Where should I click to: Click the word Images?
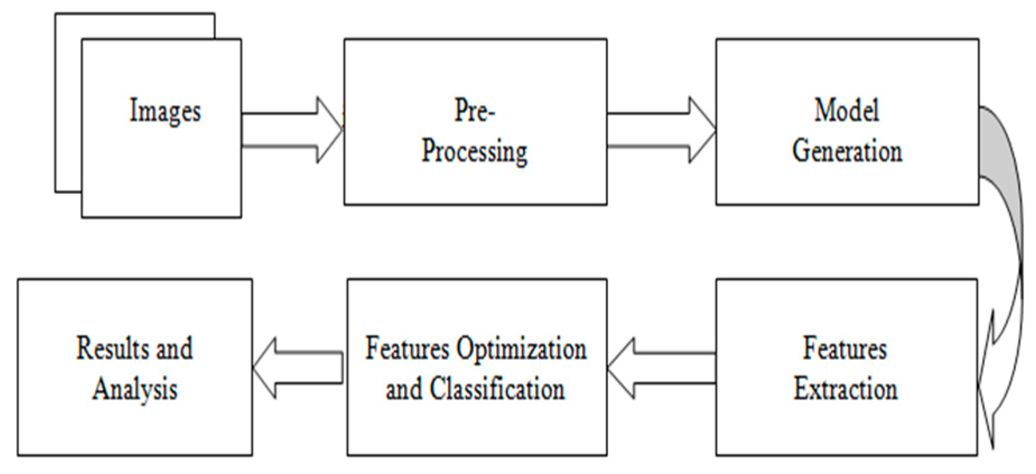(x=165, y=111)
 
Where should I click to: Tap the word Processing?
(x=474, y=151)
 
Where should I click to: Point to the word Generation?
(x=847, y=151)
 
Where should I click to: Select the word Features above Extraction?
(x=845, y=348)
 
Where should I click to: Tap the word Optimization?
(x=521, y=349)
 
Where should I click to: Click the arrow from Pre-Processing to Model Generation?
(x=661, y=131)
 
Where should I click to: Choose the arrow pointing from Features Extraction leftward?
(x=661, y=369)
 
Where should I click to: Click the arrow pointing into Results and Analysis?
(x=297, y=369)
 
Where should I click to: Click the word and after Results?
(x=174, y=348)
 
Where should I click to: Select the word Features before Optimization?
(x=407, y=349)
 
